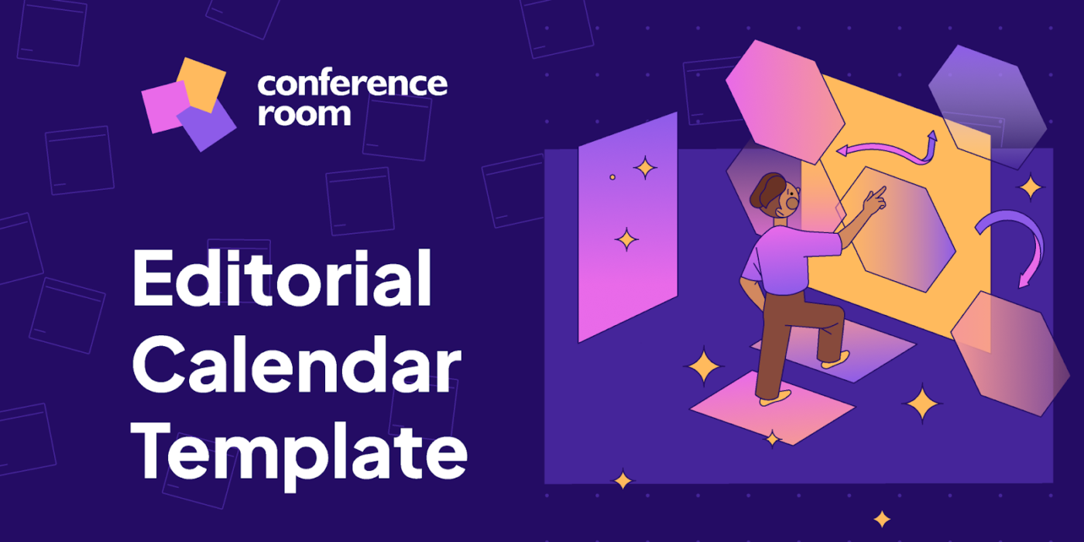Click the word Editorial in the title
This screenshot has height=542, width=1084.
[281, 280]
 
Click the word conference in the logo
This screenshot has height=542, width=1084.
[352, 84]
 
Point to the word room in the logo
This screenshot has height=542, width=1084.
[304, 114]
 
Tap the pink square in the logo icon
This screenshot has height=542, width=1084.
[164, 107]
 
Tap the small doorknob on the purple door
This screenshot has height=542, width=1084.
[612, 177]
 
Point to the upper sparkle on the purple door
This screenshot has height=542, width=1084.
[644, 167]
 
